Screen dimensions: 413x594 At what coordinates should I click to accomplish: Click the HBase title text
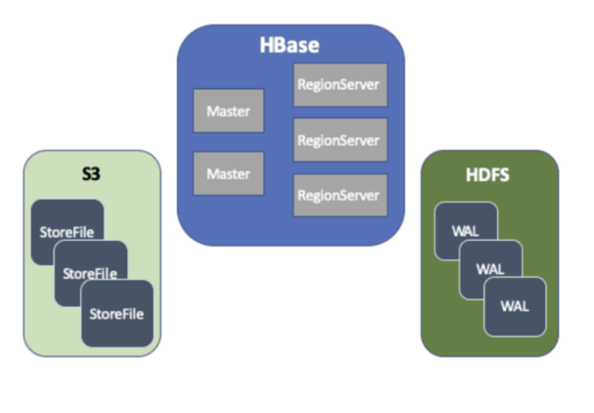(x=290, y=45)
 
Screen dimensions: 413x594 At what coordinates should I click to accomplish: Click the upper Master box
(x=228, y=112)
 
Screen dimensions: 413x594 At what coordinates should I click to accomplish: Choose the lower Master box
(x=228, y=173)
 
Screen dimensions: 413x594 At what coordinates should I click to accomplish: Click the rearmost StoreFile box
(x=65, y=221)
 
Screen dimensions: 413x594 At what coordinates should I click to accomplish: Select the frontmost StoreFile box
(x=116, y=313)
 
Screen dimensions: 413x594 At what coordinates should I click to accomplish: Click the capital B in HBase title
(x=281, y=45)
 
